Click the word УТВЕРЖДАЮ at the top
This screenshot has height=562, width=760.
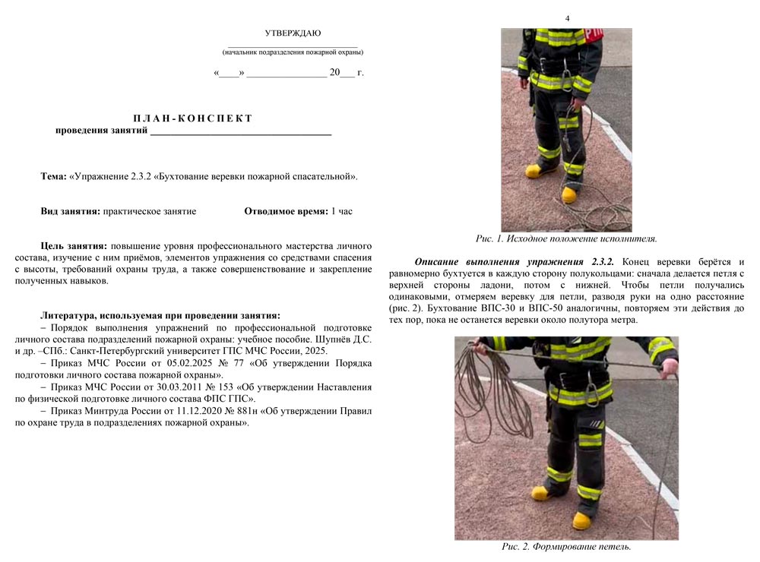(x=293, y=33)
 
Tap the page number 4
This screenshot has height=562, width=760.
(x=567, y=18)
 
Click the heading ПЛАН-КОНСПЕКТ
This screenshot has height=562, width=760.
(x=192, y=118)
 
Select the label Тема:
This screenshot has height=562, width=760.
(x=53, y=176)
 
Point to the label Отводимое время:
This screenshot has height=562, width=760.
(x=286, y=211)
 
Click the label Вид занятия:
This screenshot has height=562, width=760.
(x=70, y=211)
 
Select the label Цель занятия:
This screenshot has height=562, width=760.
(x=74, y=247)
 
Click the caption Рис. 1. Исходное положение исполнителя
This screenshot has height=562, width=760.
(x=566, y=238)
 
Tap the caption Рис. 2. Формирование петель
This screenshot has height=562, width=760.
(x=566, y=546)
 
